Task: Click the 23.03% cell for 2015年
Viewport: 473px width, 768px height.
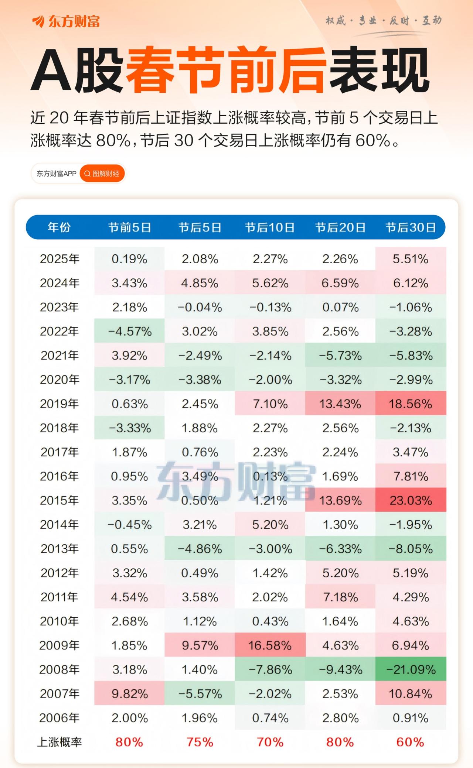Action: [x=411, y=500]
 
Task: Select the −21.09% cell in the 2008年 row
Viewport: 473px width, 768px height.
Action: [x=411, y=669]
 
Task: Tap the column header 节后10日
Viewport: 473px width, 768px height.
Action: [x=270, y=227]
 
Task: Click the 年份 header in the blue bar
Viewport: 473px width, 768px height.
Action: [x=59, y=227]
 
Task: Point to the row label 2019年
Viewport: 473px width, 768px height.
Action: [x=59, y=404]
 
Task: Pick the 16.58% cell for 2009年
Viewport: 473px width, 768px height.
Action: [x=270, y=645]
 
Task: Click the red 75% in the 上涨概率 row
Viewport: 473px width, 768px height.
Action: [x=200, y=742]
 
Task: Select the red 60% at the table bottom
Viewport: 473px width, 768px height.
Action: [x=410, y=742]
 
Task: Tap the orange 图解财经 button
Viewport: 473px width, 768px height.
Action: [x=102, y=174]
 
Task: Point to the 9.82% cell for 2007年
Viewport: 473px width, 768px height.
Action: [x=129, y=694]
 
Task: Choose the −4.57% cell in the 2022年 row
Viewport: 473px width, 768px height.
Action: [x=129, y=331]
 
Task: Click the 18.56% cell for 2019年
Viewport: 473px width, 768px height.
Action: [x=411, y=404]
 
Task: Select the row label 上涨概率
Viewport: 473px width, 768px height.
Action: [x=59, y=742]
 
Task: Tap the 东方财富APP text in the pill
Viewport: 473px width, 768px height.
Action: [x=56, y=174]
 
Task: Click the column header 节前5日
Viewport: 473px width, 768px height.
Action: [x=129, y=227]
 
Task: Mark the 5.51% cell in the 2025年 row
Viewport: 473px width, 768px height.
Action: [x=411, y=259]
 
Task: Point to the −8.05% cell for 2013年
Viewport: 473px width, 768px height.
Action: [x=411, y=549]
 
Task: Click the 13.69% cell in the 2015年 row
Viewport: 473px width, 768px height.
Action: [x=340, y=500]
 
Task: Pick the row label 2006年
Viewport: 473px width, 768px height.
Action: [x=59, y=718]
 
